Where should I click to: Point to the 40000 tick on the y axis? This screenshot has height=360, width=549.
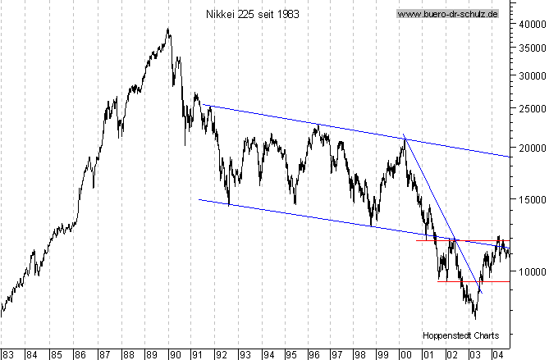point(528,24)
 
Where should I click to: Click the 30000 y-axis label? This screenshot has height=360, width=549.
point(528,75)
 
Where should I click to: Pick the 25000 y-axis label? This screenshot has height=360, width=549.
point(528,108)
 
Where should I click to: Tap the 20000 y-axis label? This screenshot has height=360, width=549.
point(528,148)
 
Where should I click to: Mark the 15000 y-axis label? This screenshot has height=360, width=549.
point(528,199)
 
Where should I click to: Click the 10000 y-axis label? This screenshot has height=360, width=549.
point(528,271)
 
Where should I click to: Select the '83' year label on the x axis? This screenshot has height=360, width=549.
point(7,353)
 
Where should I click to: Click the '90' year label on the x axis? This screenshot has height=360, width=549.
point(174,353)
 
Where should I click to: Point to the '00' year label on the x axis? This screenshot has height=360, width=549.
point(405,353)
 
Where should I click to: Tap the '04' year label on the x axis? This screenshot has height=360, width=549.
point(497,353)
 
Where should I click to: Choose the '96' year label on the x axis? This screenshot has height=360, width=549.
point(313,353)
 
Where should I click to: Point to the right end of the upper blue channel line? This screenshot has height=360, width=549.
point(511,157)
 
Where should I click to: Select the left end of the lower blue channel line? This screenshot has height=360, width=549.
point(199,198)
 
